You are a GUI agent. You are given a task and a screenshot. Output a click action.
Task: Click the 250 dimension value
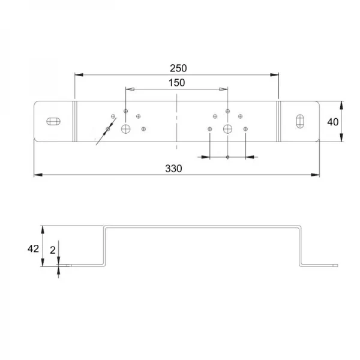pyautogui.click(x=178, y=68)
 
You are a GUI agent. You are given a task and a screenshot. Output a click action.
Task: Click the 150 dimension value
pyautogui.click(x=176, y=83)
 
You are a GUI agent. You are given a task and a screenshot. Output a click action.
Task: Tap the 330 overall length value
pyautogui.click(x=173, y=169)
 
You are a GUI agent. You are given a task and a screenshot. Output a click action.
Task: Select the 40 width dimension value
pyautogui.click(x=333, y=122)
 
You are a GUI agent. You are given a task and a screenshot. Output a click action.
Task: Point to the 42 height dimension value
pyautogui.click(x=33, y=248)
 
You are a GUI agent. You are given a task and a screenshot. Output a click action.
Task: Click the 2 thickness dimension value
pyautogui.click(x=53, y=250)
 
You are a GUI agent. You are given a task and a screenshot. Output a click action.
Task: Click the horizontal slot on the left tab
pyautogui.click(x=53, y=121)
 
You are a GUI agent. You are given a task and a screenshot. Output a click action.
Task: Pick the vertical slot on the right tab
pyautogui.click(x=300, y=121)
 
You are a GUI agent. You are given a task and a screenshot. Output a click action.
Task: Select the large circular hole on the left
pyautogui.click(x=126, y=129)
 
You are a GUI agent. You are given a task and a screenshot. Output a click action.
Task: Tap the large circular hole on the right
pyautogui.click(x=227, y=129)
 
